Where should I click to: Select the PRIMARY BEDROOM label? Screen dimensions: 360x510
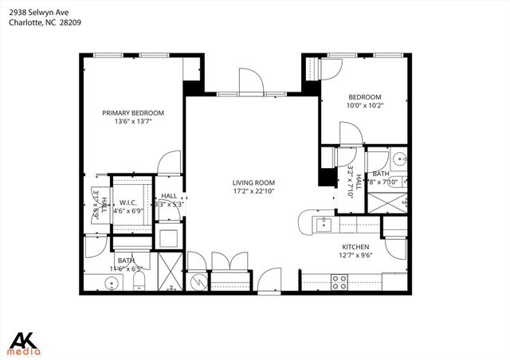coord(133,113)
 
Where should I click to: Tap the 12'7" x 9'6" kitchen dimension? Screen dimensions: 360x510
coord(357,256)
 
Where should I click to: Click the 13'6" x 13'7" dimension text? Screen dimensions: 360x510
coord(133,122)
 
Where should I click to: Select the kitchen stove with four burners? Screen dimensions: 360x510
coord(339,281)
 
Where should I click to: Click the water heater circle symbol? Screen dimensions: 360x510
coord(198,280)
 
